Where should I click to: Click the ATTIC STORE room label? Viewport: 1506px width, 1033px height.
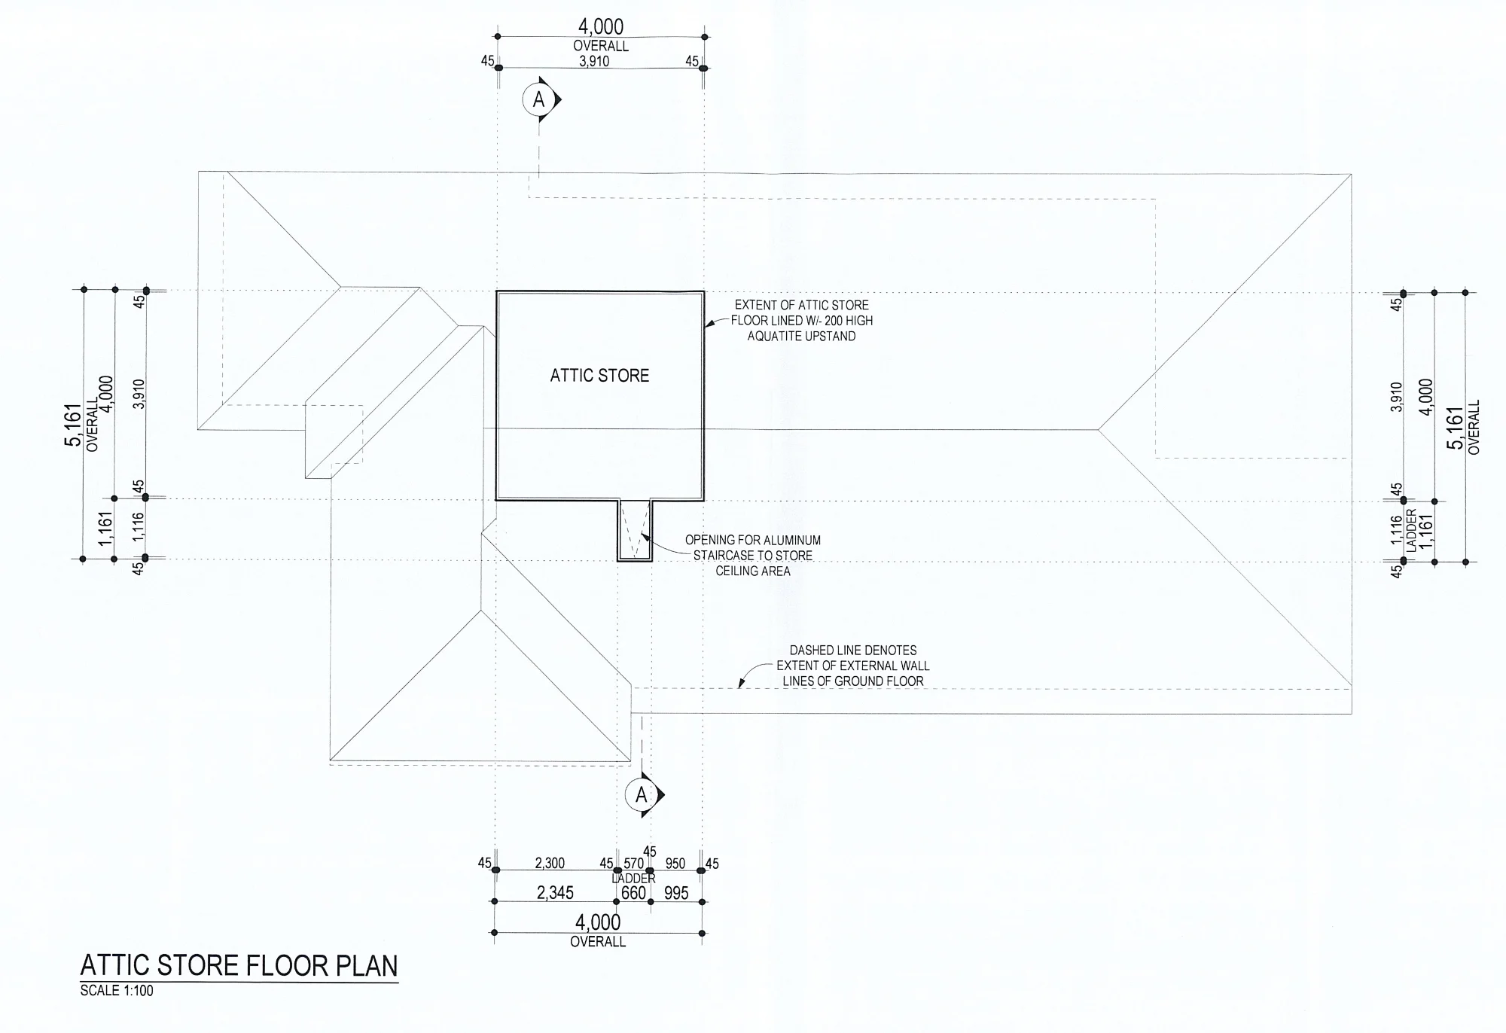599,375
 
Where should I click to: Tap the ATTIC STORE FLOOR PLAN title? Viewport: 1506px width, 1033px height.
239,966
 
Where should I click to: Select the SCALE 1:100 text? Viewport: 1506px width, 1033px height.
117,991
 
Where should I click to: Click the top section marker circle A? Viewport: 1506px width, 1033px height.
538,99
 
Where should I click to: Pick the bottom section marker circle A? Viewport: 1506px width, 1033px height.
642,795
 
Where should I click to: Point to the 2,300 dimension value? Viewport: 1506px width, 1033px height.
550,863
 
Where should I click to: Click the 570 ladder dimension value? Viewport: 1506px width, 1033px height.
634,864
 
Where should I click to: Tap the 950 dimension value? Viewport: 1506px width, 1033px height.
675,864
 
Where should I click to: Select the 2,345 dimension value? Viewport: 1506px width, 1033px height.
555,893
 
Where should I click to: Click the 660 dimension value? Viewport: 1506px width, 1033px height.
633,893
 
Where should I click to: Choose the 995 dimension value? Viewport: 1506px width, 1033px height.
676,893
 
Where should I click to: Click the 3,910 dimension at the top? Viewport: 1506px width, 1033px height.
594,61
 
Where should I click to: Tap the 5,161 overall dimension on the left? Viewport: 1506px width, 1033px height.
73,425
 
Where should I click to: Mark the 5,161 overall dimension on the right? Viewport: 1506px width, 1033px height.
1456,428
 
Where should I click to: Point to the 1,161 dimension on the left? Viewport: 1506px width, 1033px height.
105,529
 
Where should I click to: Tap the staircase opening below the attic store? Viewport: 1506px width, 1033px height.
635,530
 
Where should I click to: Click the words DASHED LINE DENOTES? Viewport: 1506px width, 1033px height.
853,650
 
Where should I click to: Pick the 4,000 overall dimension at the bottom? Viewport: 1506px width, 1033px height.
598,922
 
